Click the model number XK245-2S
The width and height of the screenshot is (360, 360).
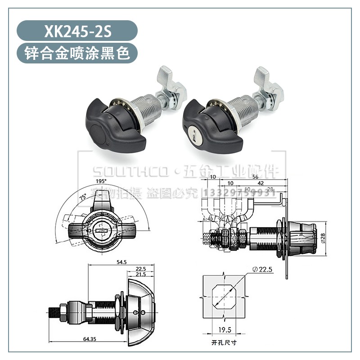click(76, 31)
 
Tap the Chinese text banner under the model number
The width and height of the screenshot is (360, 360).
click(76, 54)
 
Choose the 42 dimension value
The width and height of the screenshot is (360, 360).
click(261, 184)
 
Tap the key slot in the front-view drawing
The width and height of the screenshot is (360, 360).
click(101, 230)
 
